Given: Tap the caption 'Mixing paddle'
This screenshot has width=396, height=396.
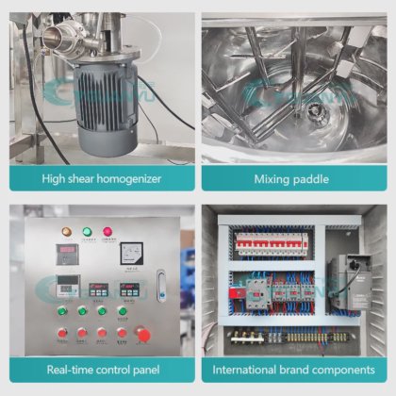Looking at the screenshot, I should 293,177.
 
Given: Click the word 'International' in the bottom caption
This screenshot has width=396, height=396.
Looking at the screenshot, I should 248,370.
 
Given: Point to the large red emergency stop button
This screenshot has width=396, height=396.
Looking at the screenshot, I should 143,333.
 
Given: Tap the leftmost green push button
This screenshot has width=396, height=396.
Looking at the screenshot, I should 62,310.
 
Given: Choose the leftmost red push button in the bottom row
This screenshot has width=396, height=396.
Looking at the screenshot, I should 62,333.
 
